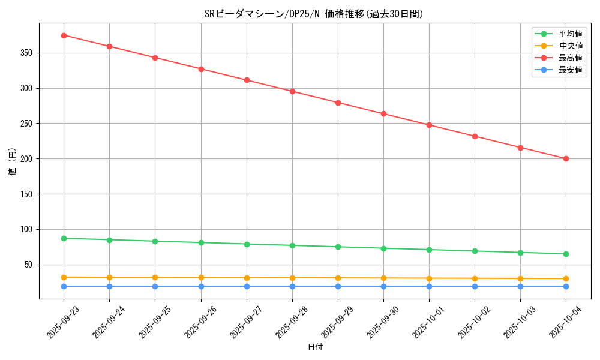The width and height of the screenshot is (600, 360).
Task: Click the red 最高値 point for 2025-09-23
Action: [64, 35]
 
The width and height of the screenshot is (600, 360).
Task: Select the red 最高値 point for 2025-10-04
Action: [566, 159]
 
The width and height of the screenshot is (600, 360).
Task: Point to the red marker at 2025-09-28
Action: [292, 91]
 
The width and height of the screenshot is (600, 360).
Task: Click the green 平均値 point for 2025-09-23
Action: [64, 238]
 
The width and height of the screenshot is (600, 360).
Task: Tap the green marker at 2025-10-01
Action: [429, 250]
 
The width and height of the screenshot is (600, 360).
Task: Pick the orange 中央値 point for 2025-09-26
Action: [201, 278]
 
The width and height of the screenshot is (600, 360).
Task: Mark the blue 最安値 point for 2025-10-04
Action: [566, 286]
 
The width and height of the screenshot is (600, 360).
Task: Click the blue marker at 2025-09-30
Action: [383, 286]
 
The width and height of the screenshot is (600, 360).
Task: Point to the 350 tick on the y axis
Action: [27, 53]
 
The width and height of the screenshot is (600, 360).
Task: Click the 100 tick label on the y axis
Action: [27, 230]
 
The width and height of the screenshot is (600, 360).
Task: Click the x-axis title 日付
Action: [315, 347]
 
